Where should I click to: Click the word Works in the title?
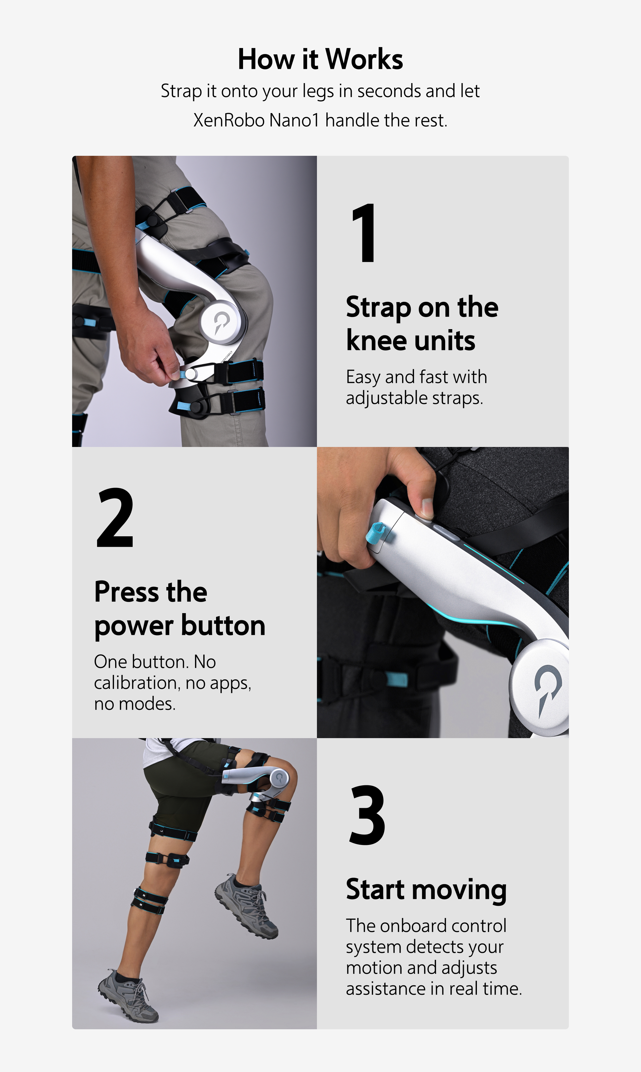pos(364,59)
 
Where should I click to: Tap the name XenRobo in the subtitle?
pos(229,120)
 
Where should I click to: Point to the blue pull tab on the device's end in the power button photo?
pos(375,532)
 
